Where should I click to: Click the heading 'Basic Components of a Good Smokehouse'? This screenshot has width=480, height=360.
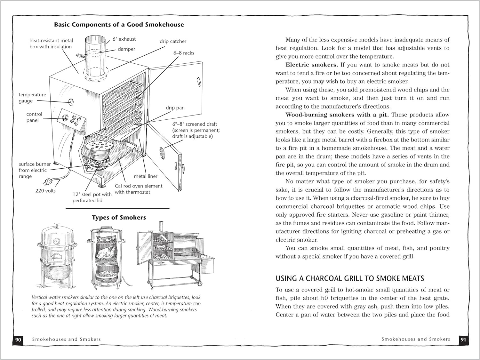click(x=119, y=25)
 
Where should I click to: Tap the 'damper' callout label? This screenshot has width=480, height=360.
click(x=126, y=49)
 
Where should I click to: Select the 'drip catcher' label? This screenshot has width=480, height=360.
click(x=173, y=41)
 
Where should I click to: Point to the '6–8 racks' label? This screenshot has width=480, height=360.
click(x=184, y=53)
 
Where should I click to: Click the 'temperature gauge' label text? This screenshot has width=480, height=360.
click(x=32, y=98)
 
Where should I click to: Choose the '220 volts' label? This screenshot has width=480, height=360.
click(x=45, y=191)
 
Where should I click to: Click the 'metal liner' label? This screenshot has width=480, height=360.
click(x=146, y=176)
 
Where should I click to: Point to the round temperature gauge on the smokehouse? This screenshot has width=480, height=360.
click(x=71, y=102)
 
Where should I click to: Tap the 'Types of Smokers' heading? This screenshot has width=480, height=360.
click(x=119, y=218)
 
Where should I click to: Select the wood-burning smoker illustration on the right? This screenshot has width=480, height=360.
click(x=174, y=254)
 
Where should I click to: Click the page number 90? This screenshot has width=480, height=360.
click(x=18, y=339)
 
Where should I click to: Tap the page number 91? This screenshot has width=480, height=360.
click(x=463, y=339)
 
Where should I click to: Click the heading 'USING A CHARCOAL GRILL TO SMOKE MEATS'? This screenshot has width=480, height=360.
click(x=350, y=278)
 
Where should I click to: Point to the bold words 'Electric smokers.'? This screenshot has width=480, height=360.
click(x=312, y=65)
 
